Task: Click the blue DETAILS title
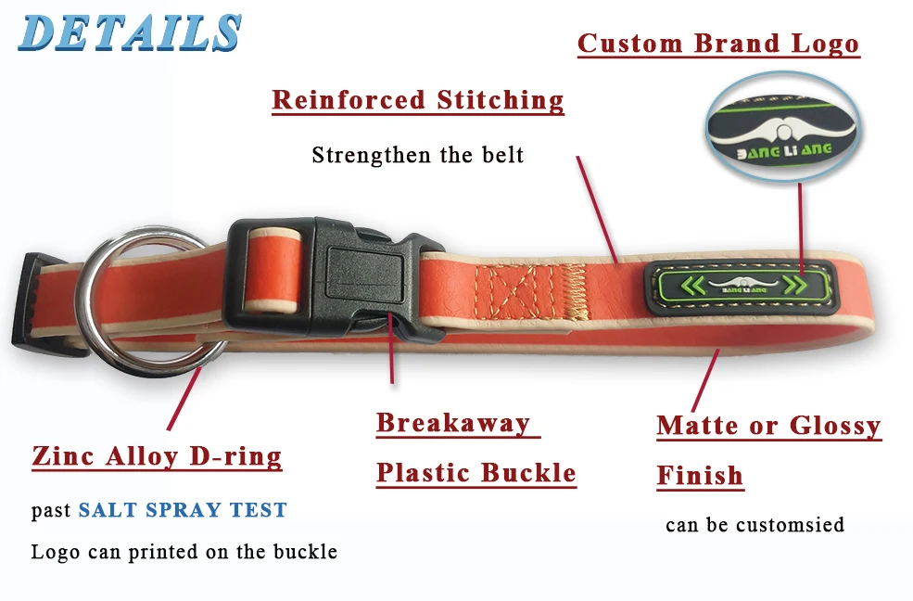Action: tap(130, 33)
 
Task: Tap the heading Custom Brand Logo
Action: tap(718, 44)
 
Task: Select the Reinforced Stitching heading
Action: tap(418, 99)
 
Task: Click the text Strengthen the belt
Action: tap(418, 154)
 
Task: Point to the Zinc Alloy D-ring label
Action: tap(157, 456)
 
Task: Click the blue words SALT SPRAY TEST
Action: tap(183, 510)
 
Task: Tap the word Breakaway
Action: tap(453, 423)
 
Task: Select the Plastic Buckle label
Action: tap(476, 473)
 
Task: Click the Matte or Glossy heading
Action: tap(768, 426)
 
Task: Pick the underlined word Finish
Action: tap(700, 476)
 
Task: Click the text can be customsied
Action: tap(754, 525)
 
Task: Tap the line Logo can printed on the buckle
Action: tap(184, 552)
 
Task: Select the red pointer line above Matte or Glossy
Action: tap(705, 381)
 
